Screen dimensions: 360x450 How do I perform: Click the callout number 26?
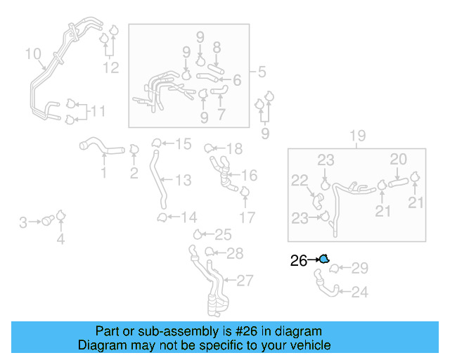click(298, 261)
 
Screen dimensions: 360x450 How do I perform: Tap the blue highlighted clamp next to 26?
click(323, 259)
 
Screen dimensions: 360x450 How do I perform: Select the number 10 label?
click(33, 54)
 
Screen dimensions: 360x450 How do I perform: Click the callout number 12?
click(111, 68)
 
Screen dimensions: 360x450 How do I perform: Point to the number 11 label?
click(98, 111)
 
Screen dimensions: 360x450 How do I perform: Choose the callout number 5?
click(261, 72)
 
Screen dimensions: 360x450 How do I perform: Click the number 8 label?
click(217, 48)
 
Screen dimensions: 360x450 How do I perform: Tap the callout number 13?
click(183, 181)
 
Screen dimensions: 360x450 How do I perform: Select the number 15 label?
click(183, 144)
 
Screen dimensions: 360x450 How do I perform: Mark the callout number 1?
click(103, 173)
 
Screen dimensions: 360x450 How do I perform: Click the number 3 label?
click(23, 223)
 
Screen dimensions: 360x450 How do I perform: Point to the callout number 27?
click(244, 281)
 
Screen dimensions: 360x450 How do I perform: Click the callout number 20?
click(399, 160)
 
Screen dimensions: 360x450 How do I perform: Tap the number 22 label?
click(300, 181)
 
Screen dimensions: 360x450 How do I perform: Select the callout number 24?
click(359, 292)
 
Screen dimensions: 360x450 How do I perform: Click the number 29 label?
click(359, 268)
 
